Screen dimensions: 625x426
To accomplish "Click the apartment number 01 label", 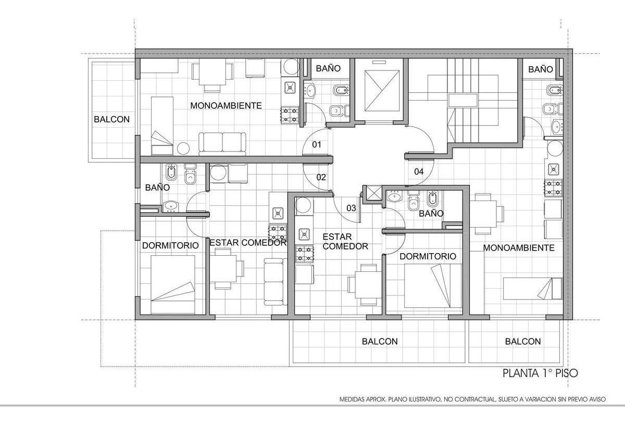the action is pyautogui.click(x=317, y=144).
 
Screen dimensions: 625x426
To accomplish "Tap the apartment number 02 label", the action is pyautogui.click(x=321, y=177).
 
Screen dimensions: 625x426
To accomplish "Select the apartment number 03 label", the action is pyautogui.click(x=351, y=208).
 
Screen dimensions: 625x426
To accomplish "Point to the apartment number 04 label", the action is pyautogui.click(x=419, y=171).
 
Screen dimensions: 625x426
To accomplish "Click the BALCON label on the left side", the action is pyautogui.click(x=111, y=119).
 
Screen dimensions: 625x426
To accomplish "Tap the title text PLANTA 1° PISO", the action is pyautogui.click(x=540, y=373).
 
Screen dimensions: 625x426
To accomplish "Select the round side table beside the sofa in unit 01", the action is pyautogui.click(x=183, y=148).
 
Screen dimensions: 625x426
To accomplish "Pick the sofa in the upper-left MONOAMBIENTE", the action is pyautogui.click(x=222, y=144).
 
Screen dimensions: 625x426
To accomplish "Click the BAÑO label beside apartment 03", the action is pyautogui.click(x=431, y=214).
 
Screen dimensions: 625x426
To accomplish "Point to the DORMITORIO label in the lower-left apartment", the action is pyautogui.click(x=170, y=245).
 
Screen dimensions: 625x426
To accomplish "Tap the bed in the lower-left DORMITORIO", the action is pyautogui.click(x=173, y=284).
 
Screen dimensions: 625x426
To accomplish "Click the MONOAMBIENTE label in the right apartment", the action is pyautogui.click(x=519, y=248).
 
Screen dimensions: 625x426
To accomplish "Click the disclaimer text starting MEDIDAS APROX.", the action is pyautogui.click(x=472, y=399).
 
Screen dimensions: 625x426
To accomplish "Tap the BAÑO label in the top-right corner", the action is pyautogui.click(x=541, y=69).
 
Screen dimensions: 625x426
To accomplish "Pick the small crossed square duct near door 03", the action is pyautogui.click(x=373, y=193).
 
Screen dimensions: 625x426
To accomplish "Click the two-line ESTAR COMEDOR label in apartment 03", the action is pyautogui.click(x=345, y=241).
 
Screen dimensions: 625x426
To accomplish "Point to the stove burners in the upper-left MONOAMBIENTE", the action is pyautogui.click(x=290, y=116).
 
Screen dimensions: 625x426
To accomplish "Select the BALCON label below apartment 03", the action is pyautogui.click(x=380, y=342).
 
